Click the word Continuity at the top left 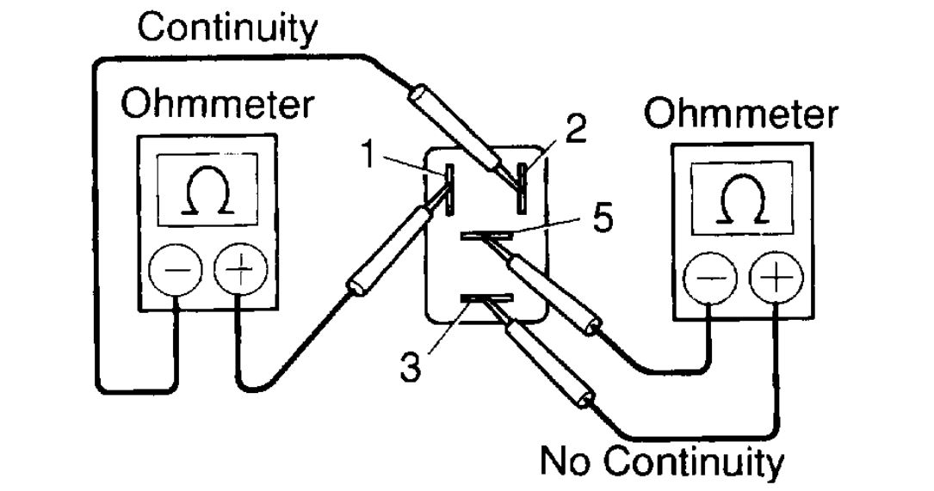227,29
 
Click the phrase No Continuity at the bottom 661,462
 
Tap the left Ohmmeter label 217,106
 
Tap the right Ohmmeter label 740,114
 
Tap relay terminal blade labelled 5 487,234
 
